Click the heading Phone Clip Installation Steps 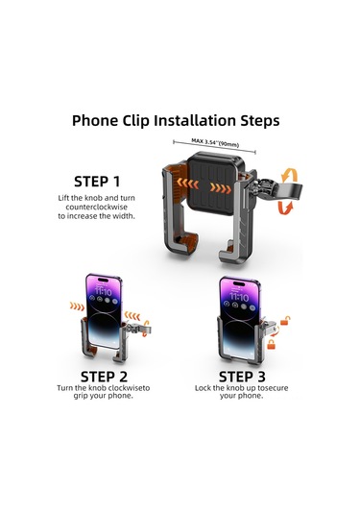[176, 121]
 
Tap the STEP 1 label [97, 182]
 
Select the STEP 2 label [104, 377]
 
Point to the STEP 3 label [242, 377]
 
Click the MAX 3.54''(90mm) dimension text [215, 142]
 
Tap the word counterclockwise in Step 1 [97, 208]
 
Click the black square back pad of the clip [216, 186]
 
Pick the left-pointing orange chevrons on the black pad [187, 184]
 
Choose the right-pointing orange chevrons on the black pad [221, 188]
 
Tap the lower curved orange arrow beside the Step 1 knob [285, 208]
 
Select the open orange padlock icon [285, 321]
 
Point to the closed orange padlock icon [272, 344]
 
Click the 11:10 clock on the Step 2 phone [103, 291]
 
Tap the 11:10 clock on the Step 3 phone [239, 297]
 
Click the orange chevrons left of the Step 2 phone [77, 306]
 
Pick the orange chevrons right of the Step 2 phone [132, 316]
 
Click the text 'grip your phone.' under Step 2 [103, 396]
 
